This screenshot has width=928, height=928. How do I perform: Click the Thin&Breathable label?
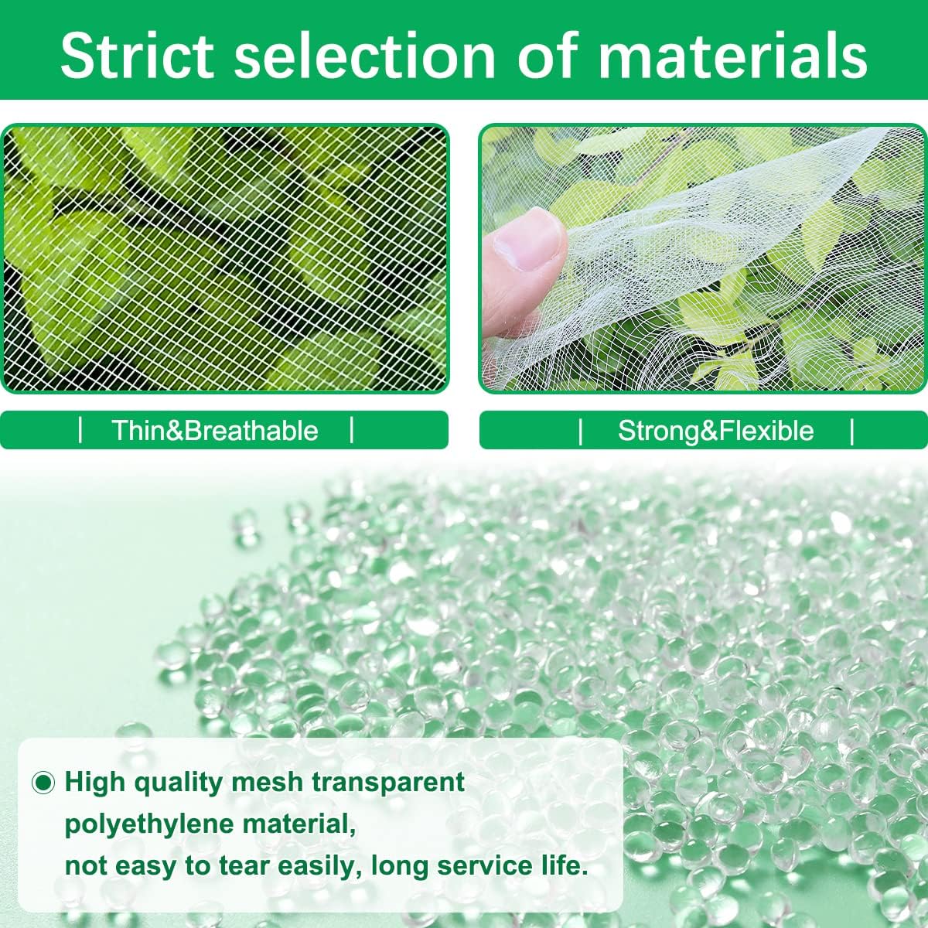pos(215,430)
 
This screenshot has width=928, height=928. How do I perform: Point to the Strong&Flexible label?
pos(716,430)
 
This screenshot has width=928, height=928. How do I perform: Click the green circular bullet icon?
pos(43,783)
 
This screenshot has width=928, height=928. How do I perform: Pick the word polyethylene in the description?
pos(148,825)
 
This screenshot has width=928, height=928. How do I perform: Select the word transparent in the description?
pos(388,782)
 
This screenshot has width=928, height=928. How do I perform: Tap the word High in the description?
pos(95,782)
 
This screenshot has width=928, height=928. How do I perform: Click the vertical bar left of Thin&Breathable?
pos(80,430)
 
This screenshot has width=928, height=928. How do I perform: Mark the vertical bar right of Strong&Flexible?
pos(852,431)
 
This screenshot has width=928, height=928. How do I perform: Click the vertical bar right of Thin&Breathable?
pos(352,430)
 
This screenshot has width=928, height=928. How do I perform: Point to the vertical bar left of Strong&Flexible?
pos(580,431)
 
